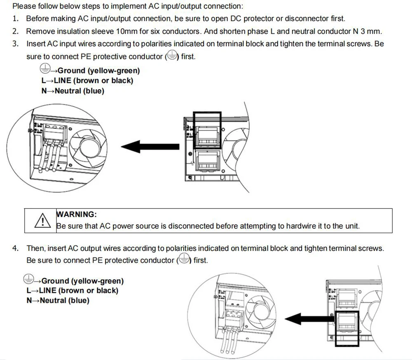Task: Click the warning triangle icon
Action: (42, 221)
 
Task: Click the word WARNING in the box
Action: (77, 214)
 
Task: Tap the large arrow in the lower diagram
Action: (309, 318)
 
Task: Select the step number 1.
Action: (15, 19)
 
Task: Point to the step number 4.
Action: (15, 248)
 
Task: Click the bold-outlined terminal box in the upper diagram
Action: (207, 130)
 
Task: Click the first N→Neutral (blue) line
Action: (73, 91)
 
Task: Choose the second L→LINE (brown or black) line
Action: (72, 290)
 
